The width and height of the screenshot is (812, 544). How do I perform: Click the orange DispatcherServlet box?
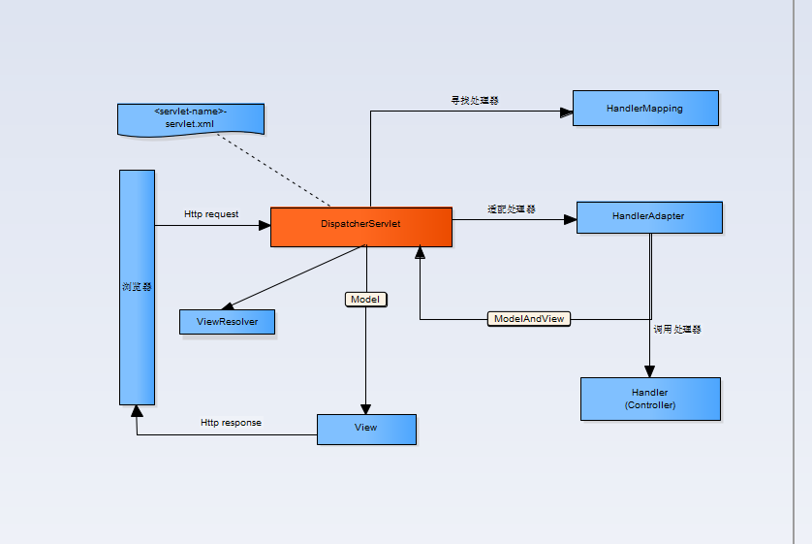pyautogui.click(x=360, y=226)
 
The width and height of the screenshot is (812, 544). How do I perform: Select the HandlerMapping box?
pyautogui.click(x=644, y=109)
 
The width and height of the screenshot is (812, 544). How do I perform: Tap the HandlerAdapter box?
pyautogui.click(x=648, y=217)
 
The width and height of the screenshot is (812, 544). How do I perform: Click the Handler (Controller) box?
pyautogui.click(x=650, y=399)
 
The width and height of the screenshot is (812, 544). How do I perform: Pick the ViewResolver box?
pyautogui.click(x=227, y=322)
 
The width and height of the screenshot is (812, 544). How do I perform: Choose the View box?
pyautogui.click(x=365, y=429)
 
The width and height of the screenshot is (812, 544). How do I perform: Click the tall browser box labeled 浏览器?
pyautogui.click(x=137, y=287)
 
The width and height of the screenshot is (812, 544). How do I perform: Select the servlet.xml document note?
pyautogui.click(x=189, y=118)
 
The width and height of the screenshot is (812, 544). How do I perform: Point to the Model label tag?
pyautogui.click(x=365, y=300)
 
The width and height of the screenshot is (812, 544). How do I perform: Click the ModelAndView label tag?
pyautogui.click(x=528, y=319)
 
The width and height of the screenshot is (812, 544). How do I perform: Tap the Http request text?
pyautogui.click(x=211, y=214)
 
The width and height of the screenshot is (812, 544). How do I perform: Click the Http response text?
pyautogui.click(x=231, y=423)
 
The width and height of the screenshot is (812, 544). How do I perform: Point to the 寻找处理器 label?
pyautogui.click(x=475, y=101)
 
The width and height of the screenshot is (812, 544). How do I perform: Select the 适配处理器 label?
pyautogui.click(x=512, y=209)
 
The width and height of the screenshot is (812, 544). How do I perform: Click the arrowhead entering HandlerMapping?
pyautogui.click(x=566, y=112)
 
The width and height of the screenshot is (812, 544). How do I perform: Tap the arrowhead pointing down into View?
pyautogui.click(x=365, y=408)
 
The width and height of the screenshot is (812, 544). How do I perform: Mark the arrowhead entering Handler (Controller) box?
pyautogui.click(x=649, y=371)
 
